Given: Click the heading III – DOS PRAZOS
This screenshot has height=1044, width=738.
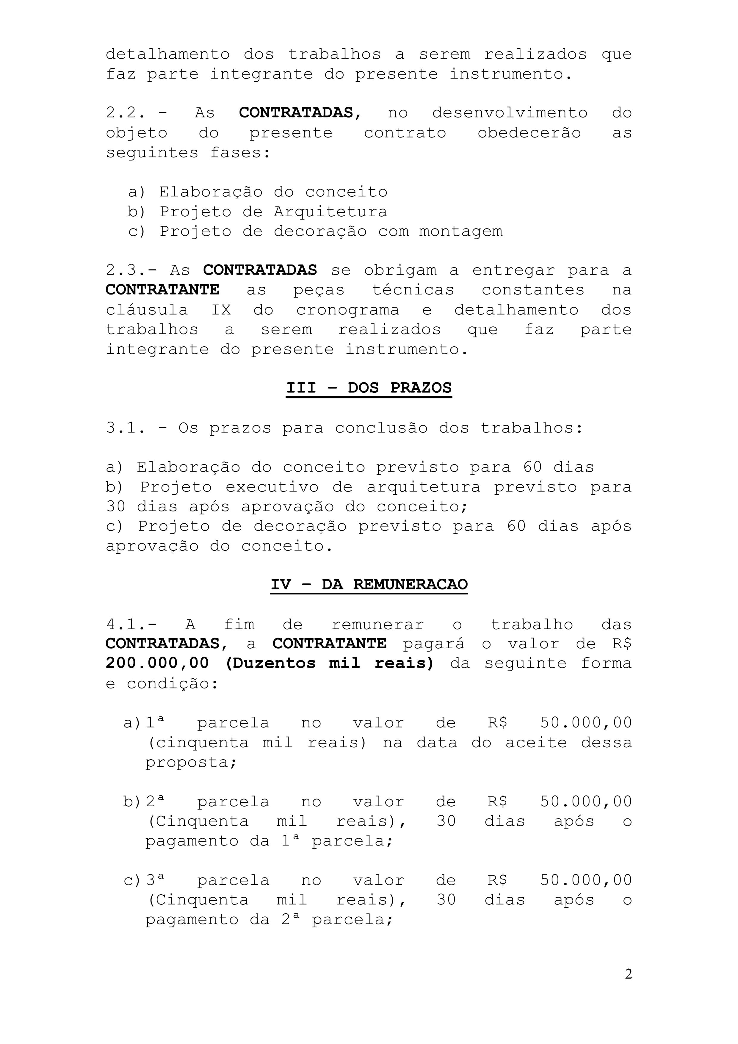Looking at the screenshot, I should pos(369,388).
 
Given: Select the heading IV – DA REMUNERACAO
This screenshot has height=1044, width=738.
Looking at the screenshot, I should pos(369,584).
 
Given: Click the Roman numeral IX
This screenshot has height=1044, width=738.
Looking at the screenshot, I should pos(221,310).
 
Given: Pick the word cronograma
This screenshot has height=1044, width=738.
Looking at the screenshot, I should pos(347,310).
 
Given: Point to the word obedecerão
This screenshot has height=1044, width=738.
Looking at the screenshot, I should pos(529,133).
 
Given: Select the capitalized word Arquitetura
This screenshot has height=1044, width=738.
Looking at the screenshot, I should pos(330,212).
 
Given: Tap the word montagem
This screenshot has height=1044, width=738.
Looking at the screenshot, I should pos(461,231).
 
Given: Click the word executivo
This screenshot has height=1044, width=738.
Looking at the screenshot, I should pos(272,487).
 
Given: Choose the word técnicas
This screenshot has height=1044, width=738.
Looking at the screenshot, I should pos(413,290).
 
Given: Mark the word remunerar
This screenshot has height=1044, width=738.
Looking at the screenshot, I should pos(377,624).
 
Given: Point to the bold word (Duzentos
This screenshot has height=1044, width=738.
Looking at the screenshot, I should pos(270,663).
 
